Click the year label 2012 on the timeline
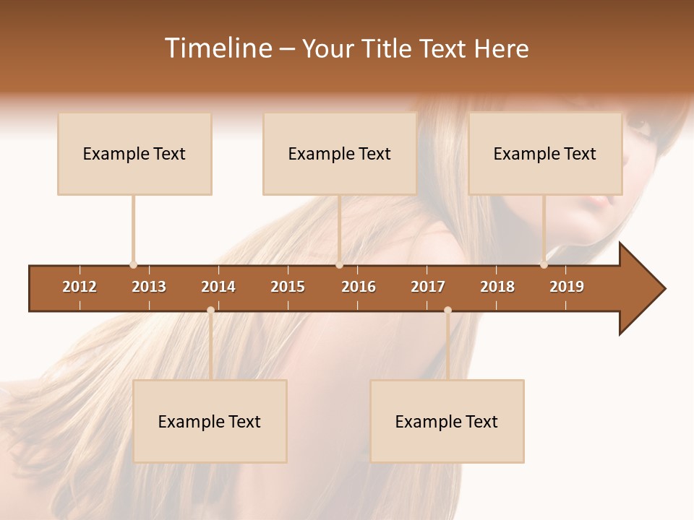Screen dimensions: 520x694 coord(80,287)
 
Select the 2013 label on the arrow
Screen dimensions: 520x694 coord(149,287)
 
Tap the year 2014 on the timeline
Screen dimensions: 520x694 coord(218,287)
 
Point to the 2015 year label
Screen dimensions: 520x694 coord(288,287)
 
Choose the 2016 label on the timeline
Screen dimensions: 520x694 coord(359,287)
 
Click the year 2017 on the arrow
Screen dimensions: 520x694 coord(428,287)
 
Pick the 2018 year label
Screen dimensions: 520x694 coord(497,287)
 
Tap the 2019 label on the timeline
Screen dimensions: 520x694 coord(567,287)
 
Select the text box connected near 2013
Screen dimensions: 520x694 coord(134,154)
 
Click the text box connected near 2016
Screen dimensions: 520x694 coord(340,154)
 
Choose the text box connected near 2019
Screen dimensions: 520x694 coord(545,154)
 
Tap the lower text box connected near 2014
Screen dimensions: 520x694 coord(210,422)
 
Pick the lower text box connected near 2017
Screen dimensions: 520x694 coord(447,422)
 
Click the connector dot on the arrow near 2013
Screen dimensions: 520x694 coord(133,265)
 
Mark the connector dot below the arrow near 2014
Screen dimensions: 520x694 coord(210,311)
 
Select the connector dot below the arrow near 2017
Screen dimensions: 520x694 coord(447,311)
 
